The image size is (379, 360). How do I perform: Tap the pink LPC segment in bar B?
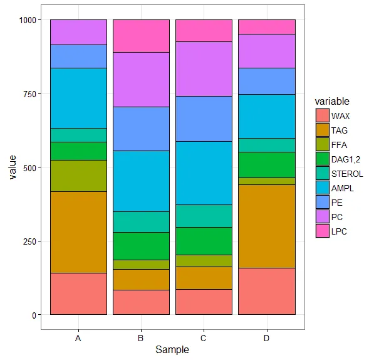pyautogui.click(x=141, y=36)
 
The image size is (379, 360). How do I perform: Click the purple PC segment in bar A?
pyautogui.click(x=78, y=32)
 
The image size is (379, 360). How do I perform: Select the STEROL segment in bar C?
pyautogui.click(x=204, y=216)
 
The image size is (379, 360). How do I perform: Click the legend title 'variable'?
pyautogui.click(x=332, y=101)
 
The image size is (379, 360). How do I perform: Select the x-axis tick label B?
pyautogui.click(x=141, y=339)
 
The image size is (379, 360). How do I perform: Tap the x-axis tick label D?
pyautogui.click(x=267, y=339)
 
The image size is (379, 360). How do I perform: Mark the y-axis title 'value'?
pyautogui.click(x=11, y=167)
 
